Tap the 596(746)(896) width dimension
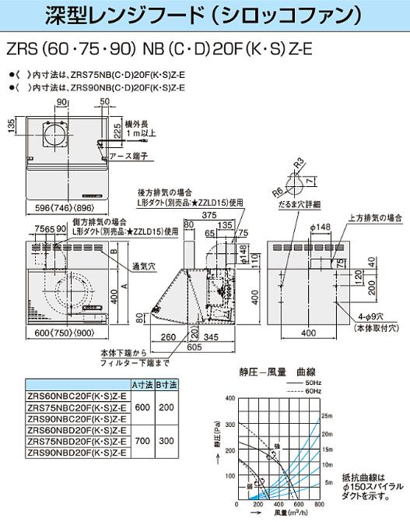point(54,208)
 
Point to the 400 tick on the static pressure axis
point(230,397)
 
